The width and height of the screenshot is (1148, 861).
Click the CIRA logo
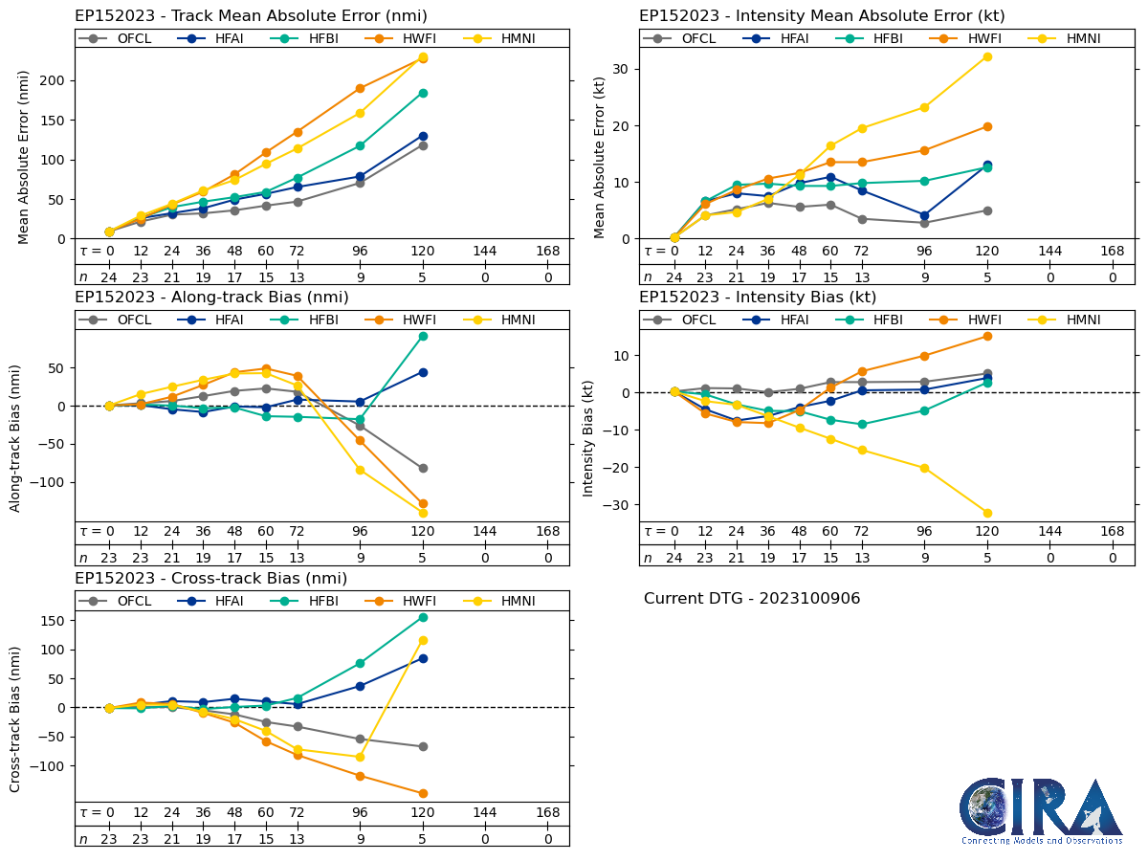click(x=1041, y=810)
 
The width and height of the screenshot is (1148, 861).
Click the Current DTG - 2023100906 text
click(x=752, y=599)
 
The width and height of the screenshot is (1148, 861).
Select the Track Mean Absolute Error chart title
click(x=251, y=16)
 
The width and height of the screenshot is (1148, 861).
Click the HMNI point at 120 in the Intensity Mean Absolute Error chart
click(x=987, y=56)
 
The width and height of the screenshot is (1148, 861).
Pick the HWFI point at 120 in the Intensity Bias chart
click(x=987, y=336)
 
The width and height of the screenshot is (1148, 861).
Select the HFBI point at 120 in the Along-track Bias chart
click(x=423, y=336)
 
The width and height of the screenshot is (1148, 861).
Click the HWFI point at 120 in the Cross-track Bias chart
click(x=423, y=793)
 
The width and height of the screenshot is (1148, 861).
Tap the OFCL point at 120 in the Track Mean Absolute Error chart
click(x=423, y=145)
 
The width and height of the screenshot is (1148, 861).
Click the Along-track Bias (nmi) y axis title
click(x=16, y=437)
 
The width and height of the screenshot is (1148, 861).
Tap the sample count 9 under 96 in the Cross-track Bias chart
click(x=360, y=839)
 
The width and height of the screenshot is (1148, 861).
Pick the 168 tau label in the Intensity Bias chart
click(x=1112, y=532)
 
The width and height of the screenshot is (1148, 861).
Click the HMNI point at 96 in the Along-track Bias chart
click(x=360, y=470)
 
